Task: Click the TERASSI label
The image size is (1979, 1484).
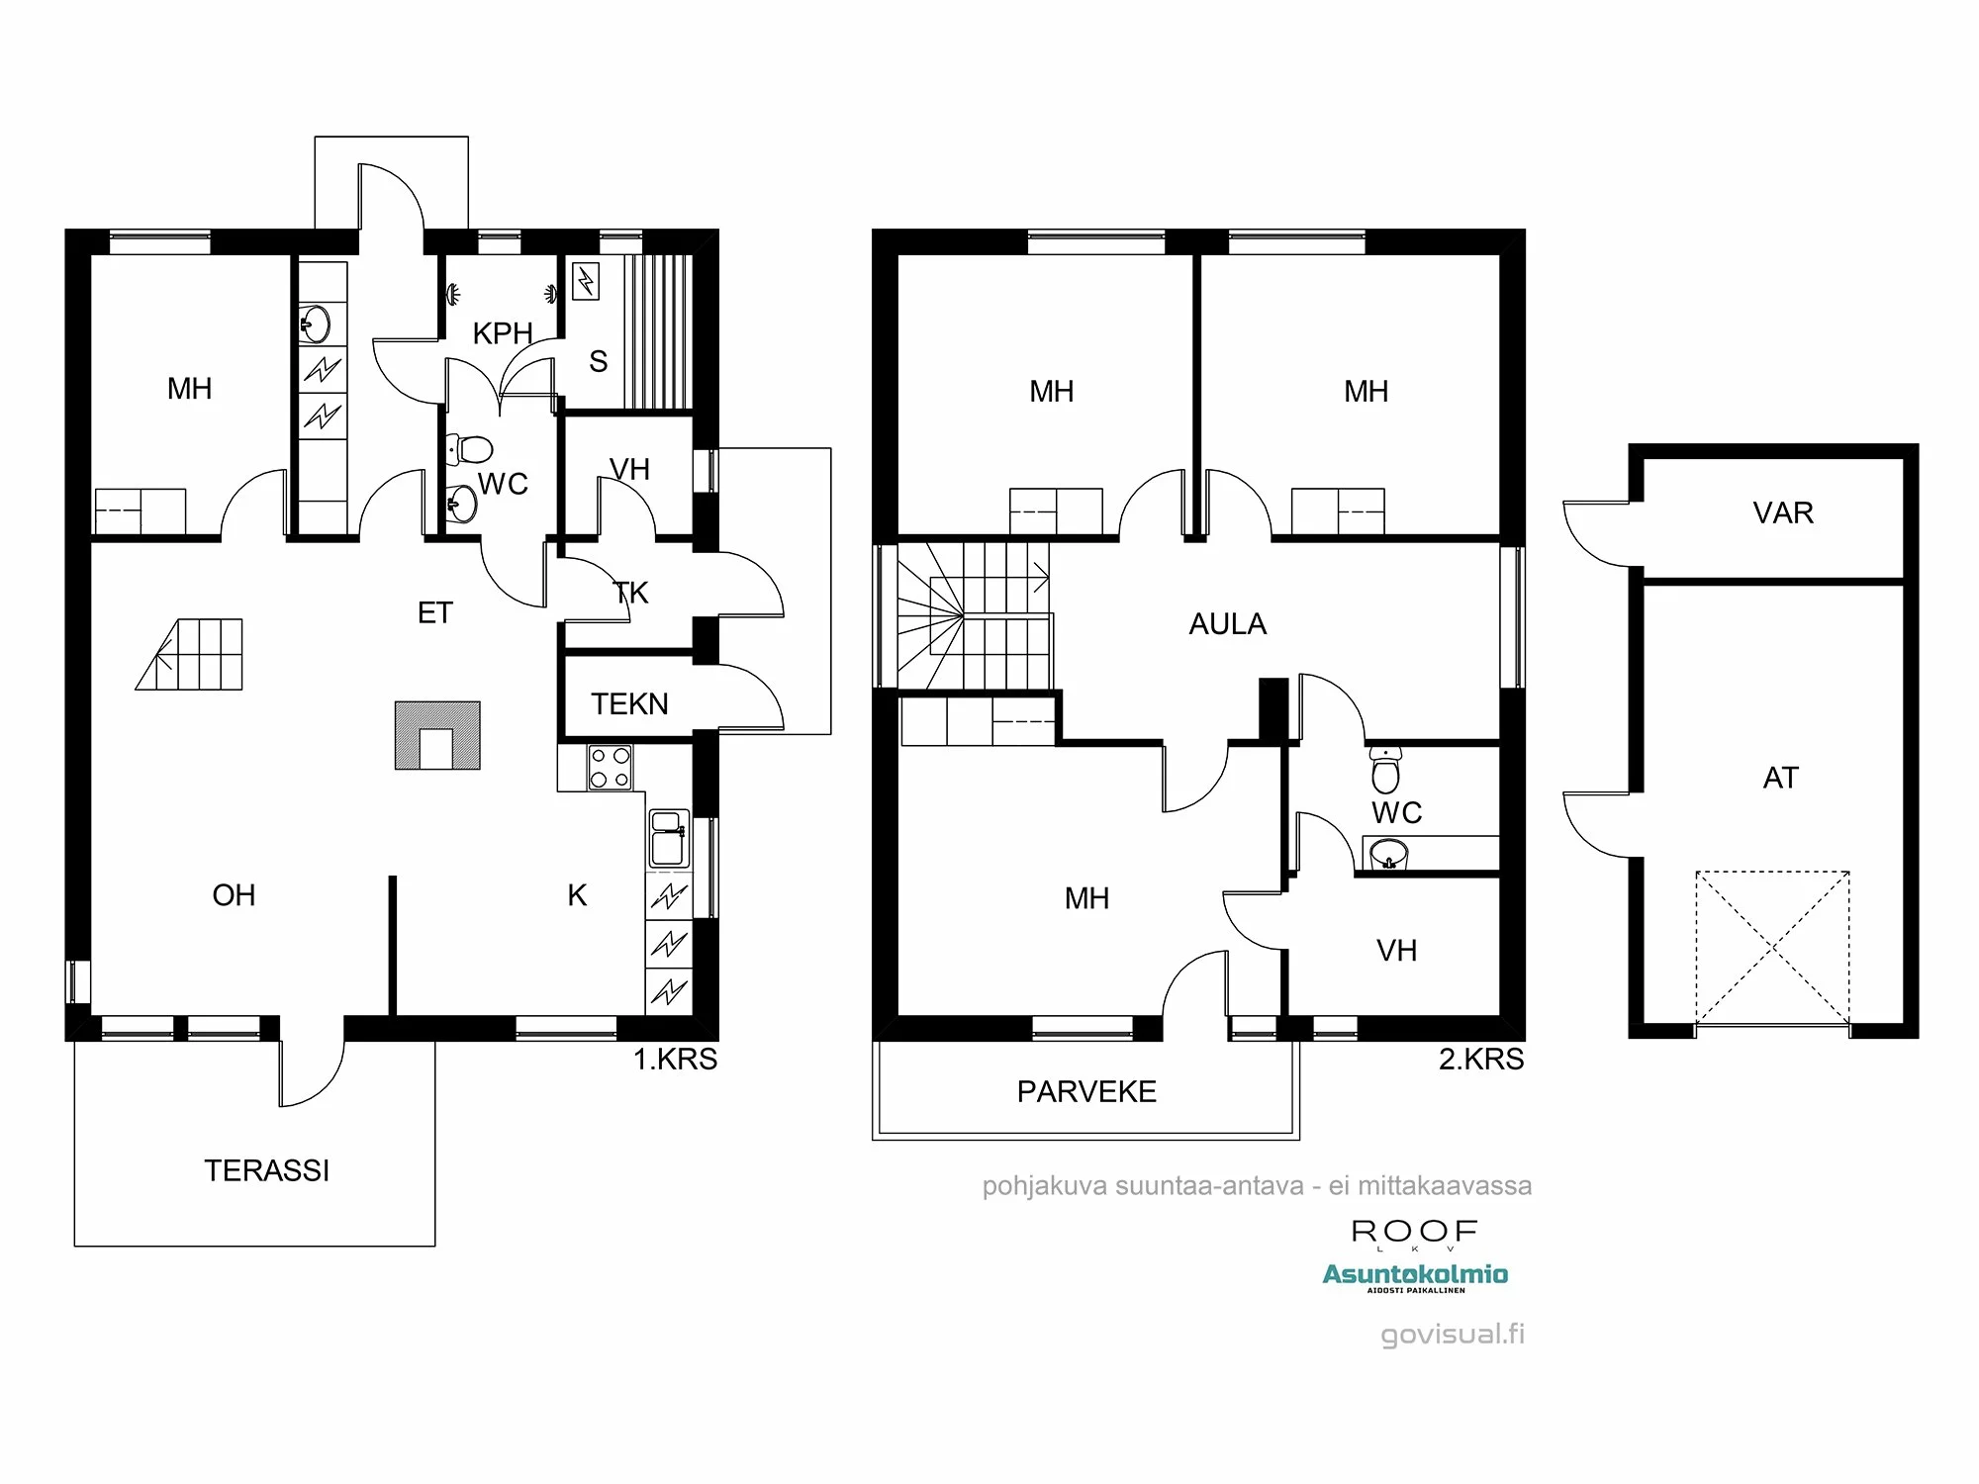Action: pyautogui.click(x=266, y=1170)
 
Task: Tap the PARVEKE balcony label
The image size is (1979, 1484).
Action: pyautogui.click(x=1086, y=1091)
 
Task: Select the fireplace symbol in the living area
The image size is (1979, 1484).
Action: pyautogui.click(x=437, y=736)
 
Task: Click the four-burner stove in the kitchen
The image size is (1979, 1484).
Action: pyautogui.click(x=610, y=768)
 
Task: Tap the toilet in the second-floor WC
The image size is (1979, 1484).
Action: pyautogui.click(x=1385, y=771)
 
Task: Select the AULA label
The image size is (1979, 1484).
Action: pyautogui.click(x=1227, y=624)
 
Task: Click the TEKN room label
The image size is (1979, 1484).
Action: pyautogui.click(x=629, y=703)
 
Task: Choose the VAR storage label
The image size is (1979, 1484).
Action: pyautogui.click(x=1782, y=512)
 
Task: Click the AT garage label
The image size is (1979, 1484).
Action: pyautogui.click(x=1780, y=778)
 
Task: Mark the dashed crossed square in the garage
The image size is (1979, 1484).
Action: pyautogui.click(x=1772, y=948)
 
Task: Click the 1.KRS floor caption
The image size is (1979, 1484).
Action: pyautogui.click(x=675, y=1060)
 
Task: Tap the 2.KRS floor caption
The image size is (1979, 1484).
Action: pyautogui.click(x=1480, y=1060)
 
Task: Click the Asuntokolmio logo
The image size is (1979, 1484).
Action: pyautogui.click(x=1415, y=1276)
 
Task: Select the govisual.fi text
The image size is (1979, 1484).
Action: pyautogui.click(x=1452, y=1334)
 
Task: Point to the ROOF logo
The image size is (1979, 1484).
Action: pyautogui.click(x=1414, y=1233)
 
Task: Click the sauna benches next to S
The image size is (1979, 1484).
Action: pyautogui.click(x=658, y=331)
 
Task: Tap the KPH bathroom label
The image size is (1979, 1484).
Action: pyautogui.click(x=503, y=333)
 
